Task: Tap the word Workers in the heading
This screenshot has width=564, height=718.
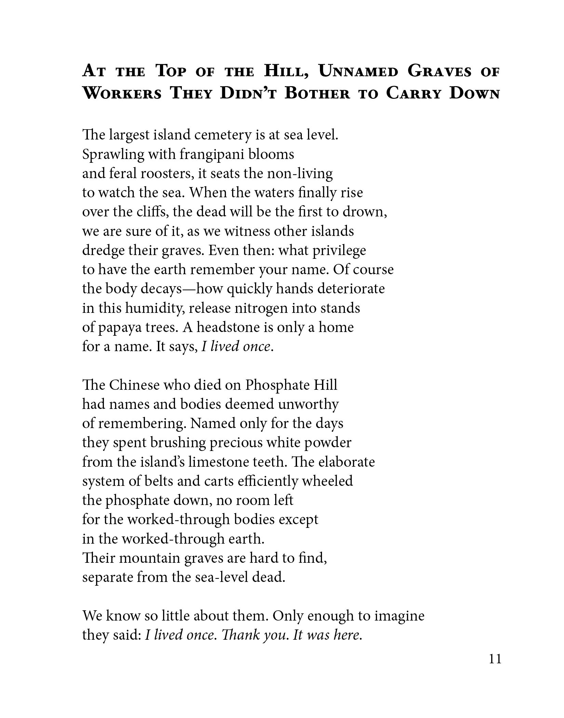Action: [x=122, y=94]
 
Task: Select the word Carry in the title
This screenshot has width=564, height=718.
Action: [x=414, y=94]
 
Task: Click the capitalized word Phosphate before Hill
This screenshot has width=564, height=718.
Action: [x=273, y=385]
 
